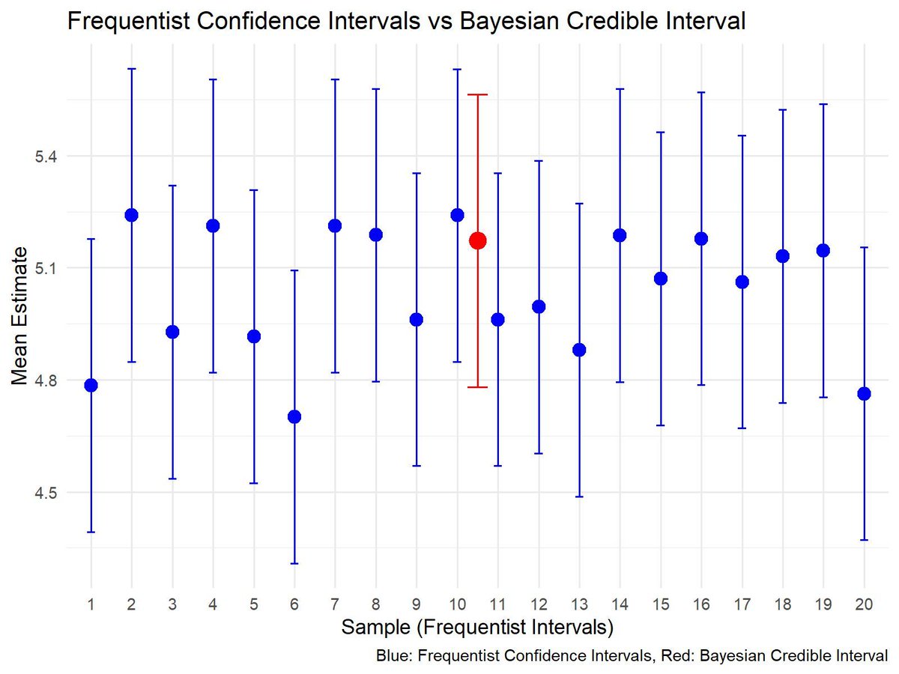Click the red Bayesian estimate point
point(477,240)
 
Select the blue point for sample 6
point(294,416)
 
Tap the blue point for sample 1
point(91,385)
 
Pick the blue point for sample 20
point(864,394)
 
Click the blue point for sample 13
point(579,350)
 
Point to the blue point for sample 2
point(132,215)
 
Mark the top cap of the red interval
point(477,95)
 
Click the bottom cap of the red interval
point(477,387)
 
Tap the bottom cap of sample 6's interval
point(294,563)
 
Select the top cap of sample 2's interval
point(132,69)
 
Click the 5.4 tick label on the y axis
point(52,157)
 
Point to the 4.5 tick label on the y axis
point(52,493)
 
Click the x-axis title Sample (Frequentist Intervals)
point(477,626)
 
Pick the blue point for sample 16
point(701,239)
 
